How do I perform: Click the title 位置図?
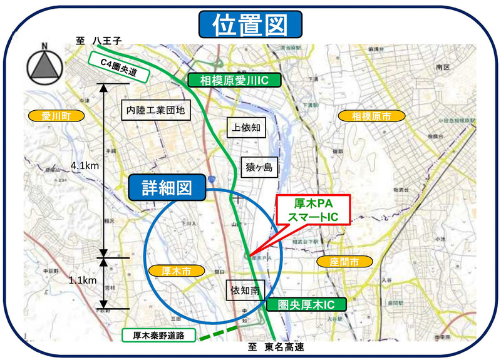coord(250,26)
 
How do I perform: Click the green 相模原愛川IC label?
coord(235,80)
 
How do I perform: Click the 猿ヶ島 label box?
coord(259,167)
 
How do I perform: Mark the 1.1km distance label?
coord(83,281)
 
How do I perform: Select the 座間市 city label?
coord(344,262)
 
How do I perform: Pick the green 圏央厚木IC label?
coord(306,305)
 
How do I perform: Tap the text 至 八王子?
coord(98,40)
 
